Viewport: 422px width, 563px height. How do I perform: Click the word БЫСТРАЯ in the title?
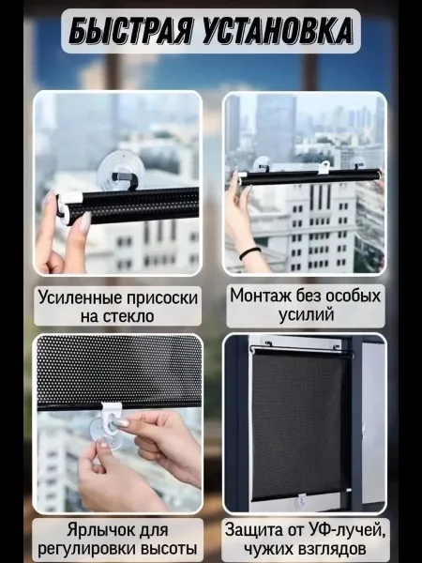(131, 31)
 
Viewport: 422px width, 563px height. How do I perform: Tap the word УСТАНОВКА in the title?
(278, 31)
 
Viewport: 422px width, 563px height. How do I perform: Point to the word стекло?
(128, 316)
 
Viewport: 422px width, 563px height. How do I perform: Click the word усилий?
(306, 314)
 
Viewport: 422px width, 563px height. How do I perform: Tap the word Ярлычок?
(98, 530)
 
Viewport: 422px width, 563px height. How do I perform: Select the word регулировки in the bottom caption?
(87, 549)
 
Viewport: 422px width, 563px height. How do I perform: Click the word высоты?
(169, 549)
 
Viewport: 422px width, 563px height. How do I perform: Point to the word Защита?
(254, 529)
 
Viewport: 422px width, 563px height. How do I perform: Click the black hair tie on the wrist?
(249, 252)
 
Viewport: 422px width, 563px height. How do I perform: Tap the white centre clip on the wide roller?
(324, 168)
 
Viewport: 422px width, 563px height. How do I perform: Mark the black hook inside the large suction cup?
(125, 180)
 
